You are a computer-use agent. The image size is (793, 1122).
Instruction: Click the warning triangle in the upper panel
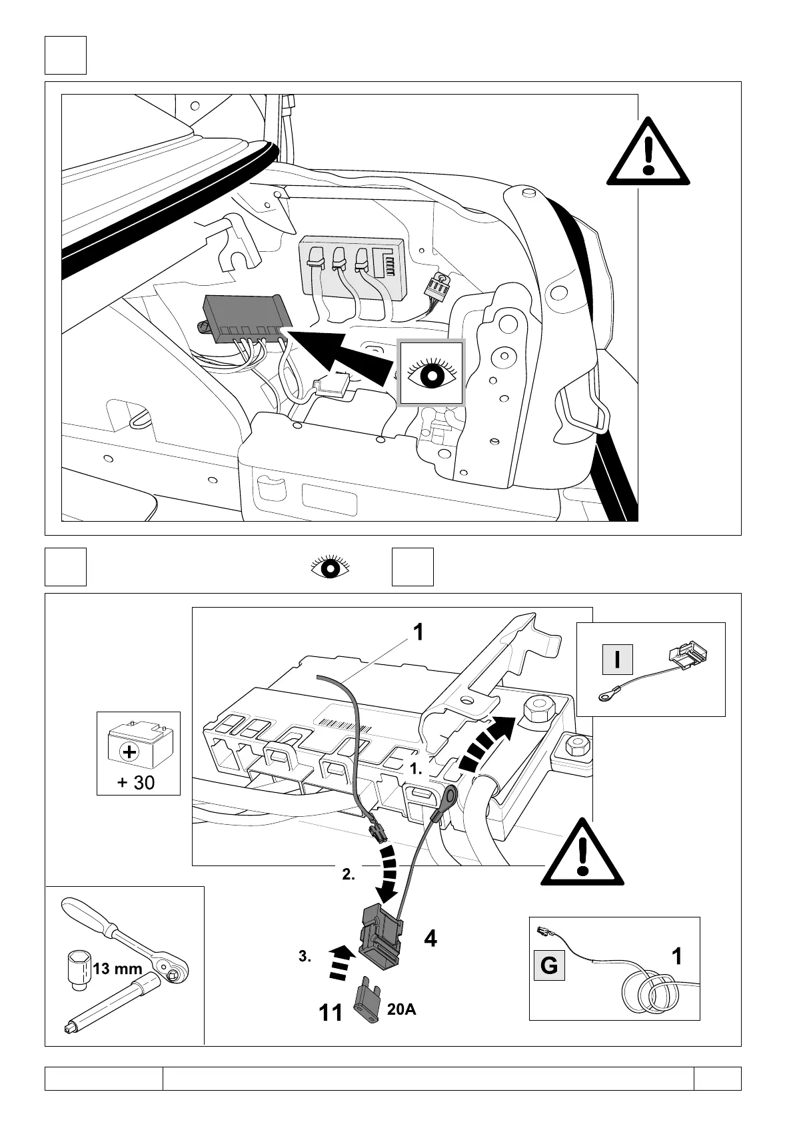point(647,155)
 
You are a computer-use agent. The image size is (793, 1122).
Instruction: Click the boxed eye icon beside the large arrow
point(430,373)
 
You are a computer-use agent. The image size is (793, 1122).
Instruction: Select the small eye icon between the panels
point(331,568)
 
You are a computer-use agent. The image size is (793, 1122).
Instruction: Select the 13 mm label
point(117,969)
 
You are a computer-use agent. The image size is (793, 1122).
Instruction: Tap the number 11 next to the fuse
point(330,1032)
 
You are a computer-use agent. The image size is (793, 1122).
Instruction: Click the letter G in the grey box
point(549,965)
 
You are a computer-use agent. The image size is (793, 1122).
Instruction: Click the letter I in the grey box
point(617,660)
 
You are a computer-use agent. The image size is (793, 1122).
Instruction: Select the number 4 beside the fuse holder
point(430,939)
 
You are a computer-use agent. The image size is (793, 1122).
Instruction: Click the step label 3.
point(305,957)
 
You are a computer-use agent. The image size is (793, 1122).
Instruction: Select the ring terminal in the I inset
point(607,696)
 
